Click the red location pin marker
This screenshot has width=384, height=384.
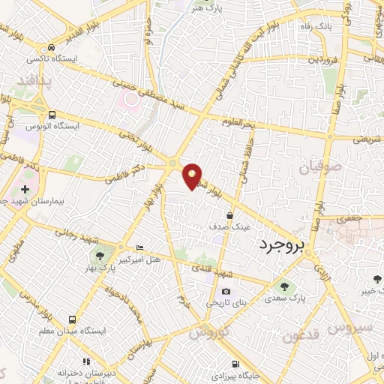193,175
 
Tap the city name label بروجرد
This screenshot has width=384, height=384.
289,244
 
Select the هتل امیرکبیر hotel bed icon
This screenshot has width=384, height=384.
140,247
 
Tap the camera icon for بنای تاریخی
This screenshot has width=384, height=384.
226,292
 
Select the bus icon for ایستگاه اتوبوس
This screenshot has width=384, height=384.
52,115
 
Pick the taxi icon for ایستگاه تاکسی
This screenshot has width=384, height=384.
50,45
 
